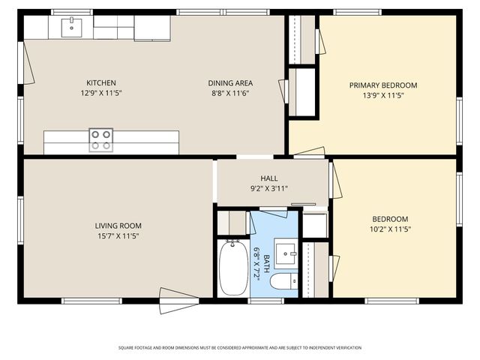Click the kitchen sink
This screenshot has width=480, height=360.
pyautogui.click(x=73, y=27)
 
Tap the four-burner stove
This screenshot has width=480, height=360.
pyautogui.click(x=101, y=140)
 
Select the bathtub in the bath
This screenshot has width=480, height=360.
pyautogui.click(x=232, y=267)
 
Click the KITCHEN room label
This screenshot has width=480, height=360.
pyautogui.click(x=100, y=83)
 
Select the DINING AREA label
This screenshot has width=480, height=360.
pyautogui.click(x=229, y=83)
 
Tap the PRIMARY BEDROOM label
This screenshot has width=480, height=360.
pyautogui.click(x=382, y=85)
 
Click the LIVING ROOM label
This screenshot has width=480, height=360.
pyautogui.click(x=118, y=226)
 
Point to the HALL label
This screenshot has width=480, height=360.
pyautogui.click(x=269, y=178)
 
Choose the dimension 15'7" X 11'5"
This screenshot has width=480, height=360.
pyautogui.click(x=118, y=236)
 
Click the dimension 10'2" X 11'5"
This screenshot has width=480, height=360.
pyautogui.click(x=389, y=229)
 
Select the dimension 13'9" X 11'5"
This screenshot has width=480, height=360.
pyautogui.click(x=382, y=96)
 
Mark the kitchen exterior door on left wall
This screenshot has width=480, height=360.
pyautogui.click(x=27, y=63)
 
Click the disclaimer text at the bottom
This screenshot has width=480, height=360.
pyautogui.click(x=239, y=348)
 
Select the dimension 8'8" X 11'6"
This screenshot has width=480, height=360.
pyautogui.click(x=229, y=94)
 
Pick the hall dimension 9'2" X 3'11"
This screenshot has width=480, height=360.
pyautogui.click(x=269, y=188)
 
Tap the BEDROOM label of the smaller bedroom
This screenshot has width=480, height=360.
pyautogui.click(x=389, y=219)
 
